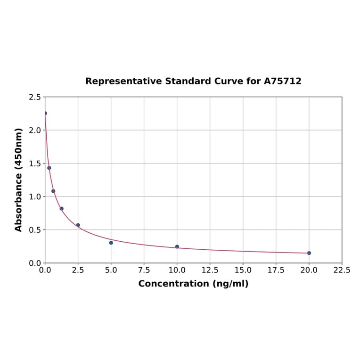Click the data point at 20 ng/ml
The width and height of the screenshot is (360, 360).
coord(309,253)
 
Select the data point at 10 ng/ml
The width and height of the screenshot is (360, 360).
coord(177,246)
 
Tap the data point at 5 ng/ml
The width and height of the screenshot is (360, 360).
coord(111,243)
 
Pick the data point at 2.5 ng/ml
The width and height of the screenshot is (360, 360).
coord(78,225)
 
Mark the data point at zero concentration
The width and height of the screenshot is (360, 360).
coord(45,113)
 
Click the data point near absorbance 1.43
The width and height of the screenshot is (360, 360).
coord(49,168)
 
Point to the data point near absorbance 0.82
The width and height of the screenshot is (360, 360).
coord(62,208)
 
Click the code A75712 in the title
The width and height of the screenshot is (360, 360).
coord(282,81)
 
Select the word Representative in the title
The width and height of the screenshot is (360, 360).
coord(123,81)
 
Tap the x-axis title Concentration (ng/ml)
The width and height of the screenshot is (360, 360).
coord(193,284)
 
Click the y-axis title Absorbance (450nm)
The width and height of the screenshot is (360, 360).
coord(19,180)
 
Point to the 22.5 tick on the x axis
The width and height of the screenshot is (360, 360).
coord(342,270)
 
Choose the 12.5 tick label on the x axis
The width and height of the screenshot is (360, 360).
coord(210,270)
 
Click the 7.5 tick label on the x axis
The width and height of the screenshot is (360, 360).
coord(144,270)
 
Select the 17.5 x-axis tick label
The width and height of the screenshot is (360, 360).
coord(276,270)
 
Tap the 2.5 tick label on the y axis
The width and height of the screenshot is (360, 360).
coord(35,97)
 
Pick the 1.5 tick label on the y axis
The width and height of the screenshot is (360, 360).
coord(35,164)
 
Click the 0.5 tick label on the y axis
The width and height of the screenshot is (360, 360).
coord(35,230)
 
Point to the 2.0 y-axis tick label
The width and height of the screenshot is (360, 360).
coord(35,130)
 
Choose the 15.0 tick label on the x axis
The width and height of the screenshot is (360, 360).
coord(243,270)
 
